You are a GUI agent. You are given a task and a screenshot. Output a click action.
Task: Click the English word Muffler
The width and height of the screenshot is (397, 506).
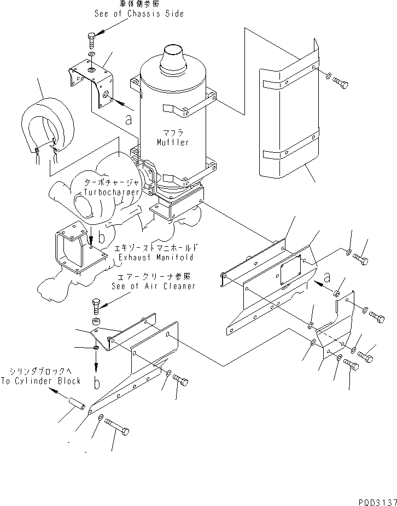172,142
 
